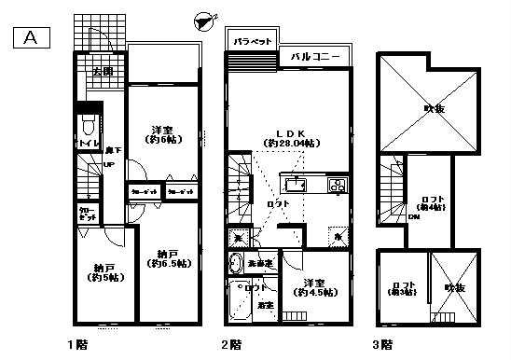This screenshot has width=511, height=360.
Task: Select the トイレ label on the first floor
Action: click(82, 144)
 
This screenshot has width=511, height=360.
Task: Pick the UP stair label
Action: click(109, 167)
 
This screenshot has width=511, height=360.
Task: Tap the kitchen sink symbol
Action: click(301, 184)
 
